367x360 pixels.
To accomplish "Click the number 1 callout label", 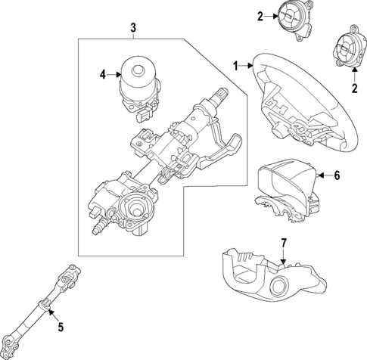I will [237, 65].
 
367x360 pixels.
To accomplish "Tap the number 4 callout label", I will [104, 74].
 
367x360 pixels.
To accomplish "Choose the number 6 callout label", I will [337, 175].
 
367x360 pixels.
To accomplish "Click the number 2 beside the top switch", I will [260, 15].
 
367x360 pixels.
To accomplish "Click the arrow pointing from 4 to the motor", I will [116, 74].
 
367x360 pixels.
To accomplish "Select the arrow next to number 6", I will [324, 175].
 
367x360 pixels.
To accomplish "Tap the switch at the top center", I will [288, 17].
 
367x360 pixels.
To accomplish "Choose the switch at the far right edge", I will [345, 54].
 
